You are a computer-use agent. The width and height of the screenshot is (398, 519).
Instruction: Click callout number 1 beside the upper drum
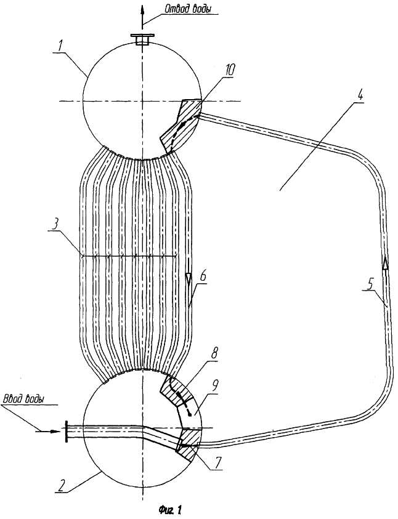coord(60,47)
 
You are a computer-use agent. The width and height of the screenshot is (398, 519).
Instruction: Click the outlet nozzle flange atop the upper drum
coord(142,36)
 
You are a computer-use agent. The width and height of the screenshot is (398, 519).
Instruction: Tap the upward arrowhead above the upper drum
coord(142,9)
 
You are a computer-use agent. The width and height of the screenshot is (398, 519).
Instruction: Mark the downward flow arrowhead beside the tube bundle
coord(189,278)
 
